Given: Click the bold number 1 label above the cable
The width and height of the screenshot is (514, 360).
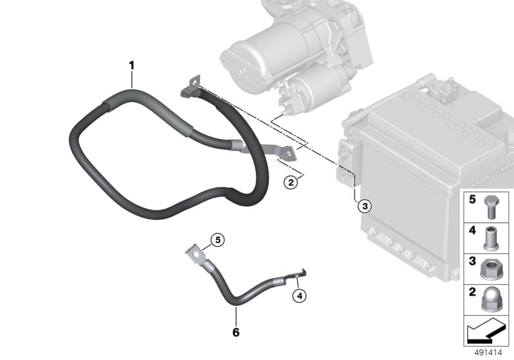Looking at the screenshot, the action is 132,66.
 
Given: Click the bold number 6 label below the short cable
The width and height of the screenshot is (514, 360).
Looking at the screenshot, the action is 236,332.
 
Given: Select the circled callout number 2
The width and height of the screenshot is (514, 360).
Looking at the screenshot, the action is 291,182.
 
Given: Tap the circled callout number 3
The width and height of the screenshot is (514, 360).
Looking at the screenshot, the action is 364,206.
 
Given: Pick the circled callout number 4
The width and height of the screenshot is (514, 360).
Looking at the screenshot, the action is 299,296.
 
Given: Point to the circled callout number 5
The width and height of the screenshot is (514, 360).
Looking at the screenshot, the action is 218,240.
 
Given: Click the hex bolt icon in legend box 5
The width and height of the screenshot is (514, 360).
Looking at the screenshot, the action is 490,208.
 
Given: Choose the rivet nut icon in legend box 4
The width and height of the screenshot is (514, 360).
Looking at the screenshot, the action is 491,239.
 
